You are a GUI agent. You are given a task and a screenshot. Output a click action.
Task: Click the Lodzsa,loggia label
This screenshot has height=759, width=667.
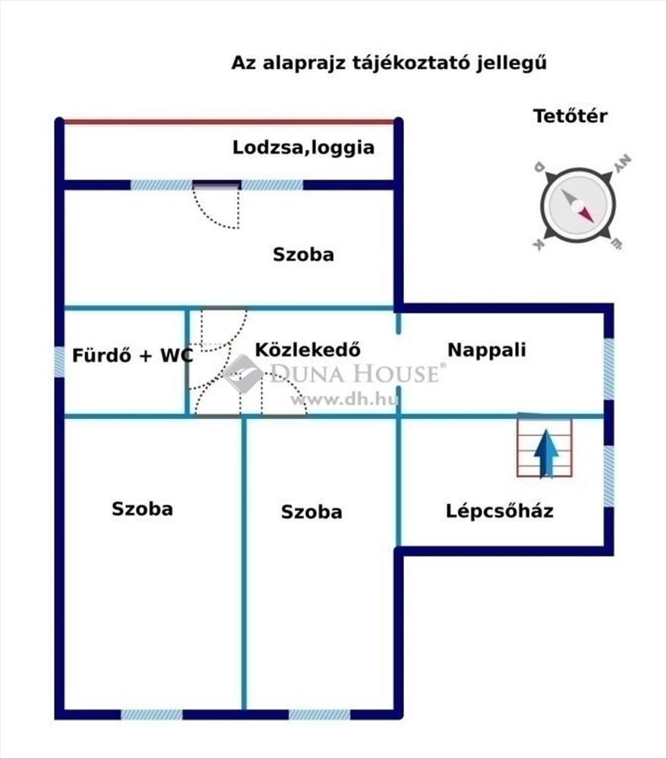[x=303, y=148]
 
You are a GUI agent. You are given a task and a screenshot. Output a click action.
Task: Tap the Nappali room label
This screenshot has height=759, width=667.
[x=486, y=349]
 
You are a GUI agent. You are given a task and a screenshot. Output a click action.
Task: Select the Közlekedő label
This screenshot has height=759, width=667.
[x=308, y=349]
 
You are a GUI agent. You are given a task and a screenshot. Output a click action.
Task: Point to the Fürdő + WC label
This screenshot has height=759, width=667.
[x=132, y=355]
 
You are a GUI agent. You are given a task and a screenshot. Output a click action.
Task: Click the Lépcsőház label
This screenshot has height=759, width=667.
[x=499, y=511]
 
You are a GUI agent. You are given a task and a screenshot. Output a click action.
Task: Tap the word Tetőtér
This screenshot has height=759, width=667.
[x=570, y=116]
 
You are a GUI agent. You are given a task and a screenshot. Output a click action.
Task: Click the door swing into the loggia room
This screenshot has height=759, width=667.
[x=216, y=206]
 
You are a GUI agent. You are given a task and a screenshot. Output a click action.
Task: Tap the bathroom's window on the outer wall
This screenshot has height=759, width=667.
[x=59, y=361]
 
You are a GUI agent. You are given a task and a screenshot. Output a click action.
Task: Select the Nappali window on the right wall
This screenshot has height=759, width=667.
[x=609, y=369]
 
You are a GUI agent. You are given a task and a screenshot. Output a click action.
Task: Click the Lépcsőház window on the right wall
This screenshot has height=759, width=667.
[x=609, y=476]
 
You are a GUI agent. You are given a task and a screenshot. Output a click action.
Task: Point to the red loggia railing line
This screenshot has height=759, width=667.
[x=229, y=121]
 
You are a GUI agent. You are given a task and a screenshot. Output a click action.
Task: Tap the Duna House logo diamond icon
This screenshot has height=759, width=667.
[x=242, y=373]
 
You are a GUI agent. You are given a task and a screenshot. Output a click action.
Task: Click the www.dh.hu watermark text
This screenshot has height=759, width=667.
[x=344, y=399]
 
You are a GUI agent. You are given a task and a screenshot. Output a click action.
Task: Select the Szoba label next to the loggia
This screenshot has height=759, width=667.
[x=303, y=254]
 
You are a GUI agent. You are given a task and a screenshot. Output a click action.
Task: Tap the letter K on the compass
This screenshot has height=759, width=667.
[x=538, y=244]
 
